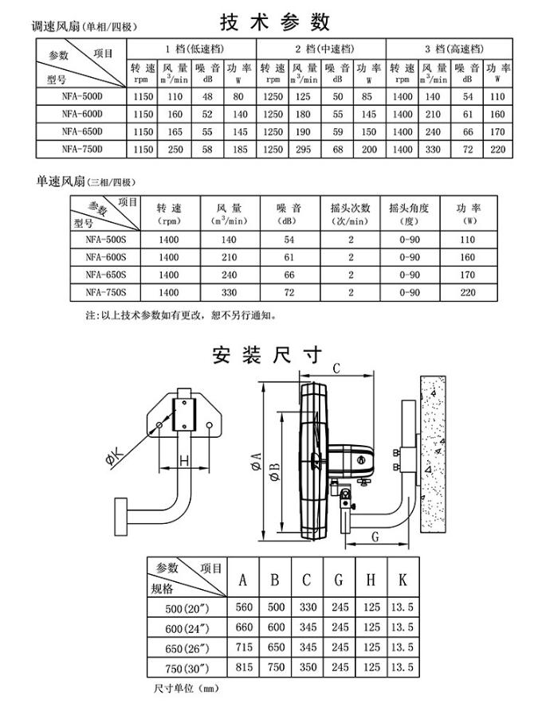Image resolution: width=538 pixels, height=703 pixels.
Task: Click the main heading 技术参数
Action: click(x=273, y=19)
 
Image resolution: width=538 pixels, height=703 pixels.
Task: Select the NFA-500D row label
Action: click(x=81, y=96)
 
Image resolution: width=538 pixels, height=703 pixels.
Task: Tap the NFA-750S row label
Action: click(x=106, y=293)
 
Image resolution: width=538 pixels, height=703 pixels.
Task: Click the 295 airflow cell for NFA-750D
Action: click(x=303, y=149)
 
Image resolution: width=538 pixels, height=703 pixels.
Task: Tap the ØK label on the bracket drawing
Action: click(x=113, y=456)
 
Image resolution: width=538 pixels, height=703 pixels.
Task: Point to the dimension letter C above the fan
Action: click(x=336, y=369)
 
